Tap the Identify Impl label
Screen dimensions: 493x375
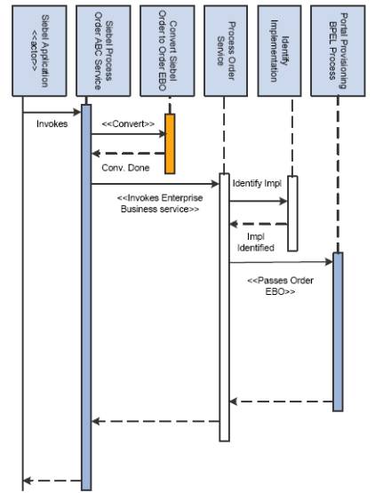256,183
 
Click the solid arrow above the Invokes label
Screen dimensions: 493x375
52,112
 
